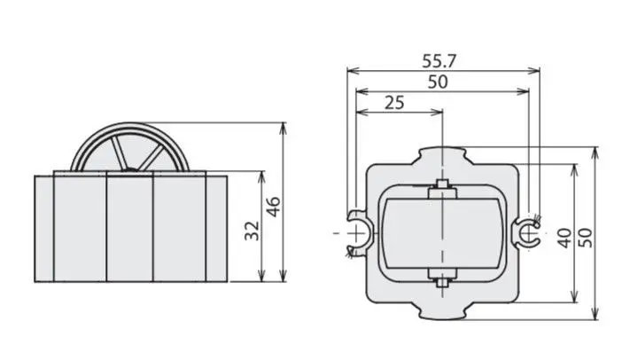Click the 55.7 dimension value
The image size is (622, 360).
(439, 61)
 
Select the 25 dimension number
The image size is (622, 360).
(394, 103)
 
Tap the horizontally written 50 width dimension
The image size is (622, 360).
(438, 82)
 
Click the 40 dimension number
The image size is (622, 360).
(564, 238)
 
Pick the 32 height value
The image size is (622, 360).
(252, 231)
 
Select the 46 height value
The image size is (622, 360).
(273, 207)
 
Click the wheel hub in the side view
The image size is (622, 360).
(130, 170)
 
